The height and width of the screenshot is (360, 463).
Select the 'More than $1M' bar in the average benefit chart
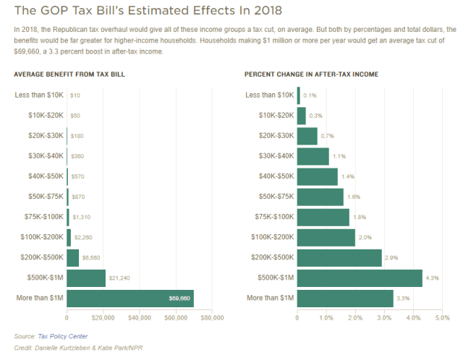point(130,298)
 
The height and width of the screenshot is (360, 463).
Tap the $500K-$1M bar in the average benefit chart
point(86,278)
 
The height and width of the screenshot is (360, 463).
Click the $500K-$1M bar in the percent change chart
point(360,278)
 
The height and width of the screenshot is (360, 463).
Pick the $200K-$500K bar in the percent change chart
point(339,258)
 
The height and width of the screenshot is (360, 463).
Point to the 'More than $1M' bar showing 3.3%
point(345,298)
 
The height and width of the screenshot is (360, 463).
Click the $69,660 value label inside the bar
point(179,298)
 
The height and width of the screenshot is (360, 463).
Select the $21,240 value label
point(120,278)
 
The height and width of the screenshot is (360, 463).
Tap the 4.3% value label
point(432,278)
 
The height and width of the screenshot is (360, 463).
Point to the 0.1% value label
point(310,95)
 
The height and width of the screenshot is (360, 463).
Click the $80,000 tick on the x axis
point(211,317)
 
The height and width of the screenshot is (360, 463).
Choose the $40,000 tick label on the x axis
point(139,317)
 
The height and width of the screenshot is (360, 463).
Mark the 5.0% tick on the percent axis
point(441,317)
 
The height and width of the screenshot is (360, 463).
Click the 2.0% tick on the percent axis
point(355,317)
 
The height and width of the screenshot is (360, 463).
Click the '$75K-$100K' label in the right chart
point(274,217)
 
